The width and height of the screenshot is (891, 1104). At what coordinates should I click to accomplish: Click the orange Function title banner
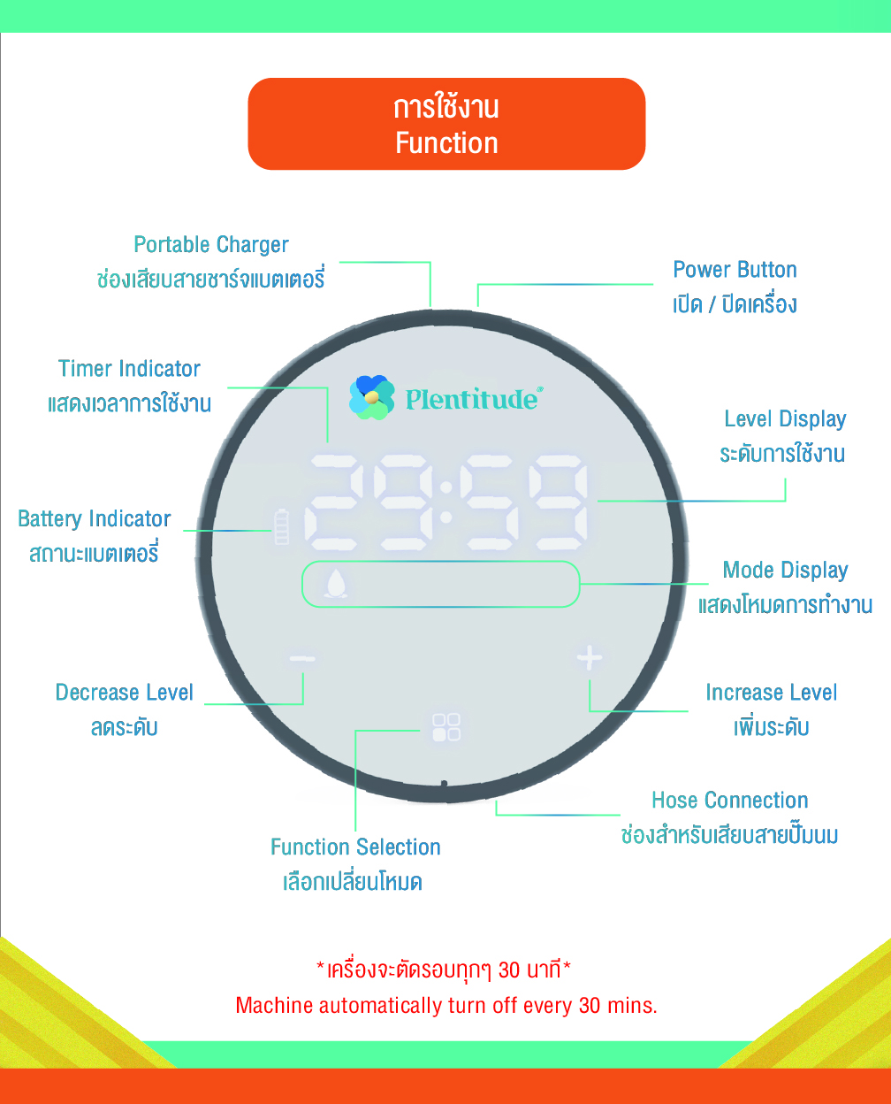(x=446, y=124)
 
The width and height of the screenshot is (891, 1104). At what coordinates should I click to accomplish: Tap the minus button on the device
(x=302, y=658)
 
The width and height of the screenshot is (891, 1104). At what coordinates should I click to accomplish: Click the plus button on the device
(x=590, y=657)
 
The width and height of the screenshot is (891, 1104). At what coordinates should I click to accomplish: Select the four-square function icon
(x=446, y=727)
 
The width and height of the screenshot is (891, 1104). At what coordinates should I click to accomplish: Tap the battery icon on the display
(x=282, y=526)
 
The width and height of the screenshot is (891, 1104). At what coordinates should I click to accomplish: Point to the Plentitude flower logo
(x=371, y=397)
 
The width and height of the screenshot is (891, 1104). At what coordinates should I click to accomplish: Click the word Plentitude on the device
(x=472, y=400)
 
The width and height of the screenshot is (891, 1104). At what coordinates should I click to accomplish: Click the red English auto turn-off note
(x=446, y=1006)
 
